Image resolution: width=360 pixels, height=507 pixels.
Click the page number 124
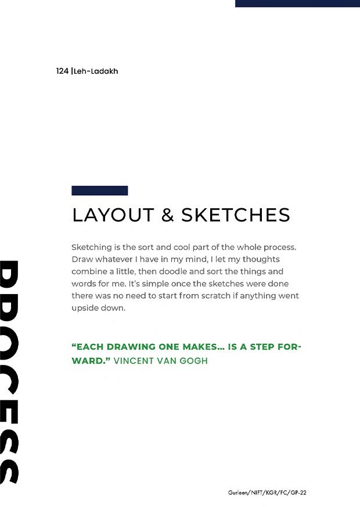62,71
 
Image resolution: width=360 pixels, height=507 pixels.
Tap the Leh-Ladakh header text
96,71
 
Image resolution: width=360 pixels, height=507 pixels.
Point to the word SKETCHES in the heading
236,215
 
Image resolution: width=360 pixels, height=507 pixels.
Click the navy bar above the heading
99,190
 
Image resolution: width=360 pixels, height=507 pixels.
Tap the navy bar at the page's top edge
297,3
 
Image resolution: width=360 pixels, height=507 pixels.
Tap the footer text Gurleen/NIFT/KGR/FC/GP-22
267,492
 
